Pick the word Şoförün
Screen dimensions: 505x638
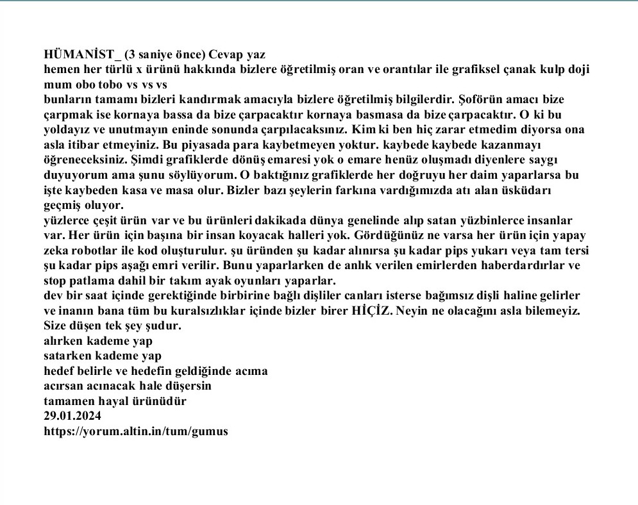click(x=475, y=99)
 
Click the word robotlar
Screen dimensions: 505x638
click(x=103, y=250)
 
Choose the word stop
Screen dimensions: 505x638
click(x=56, y=280)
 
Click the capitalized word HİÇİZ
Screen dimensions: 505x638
click(x=371, y=311)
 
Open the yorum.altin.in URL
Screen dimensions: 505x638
click(x=135, y=431)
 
